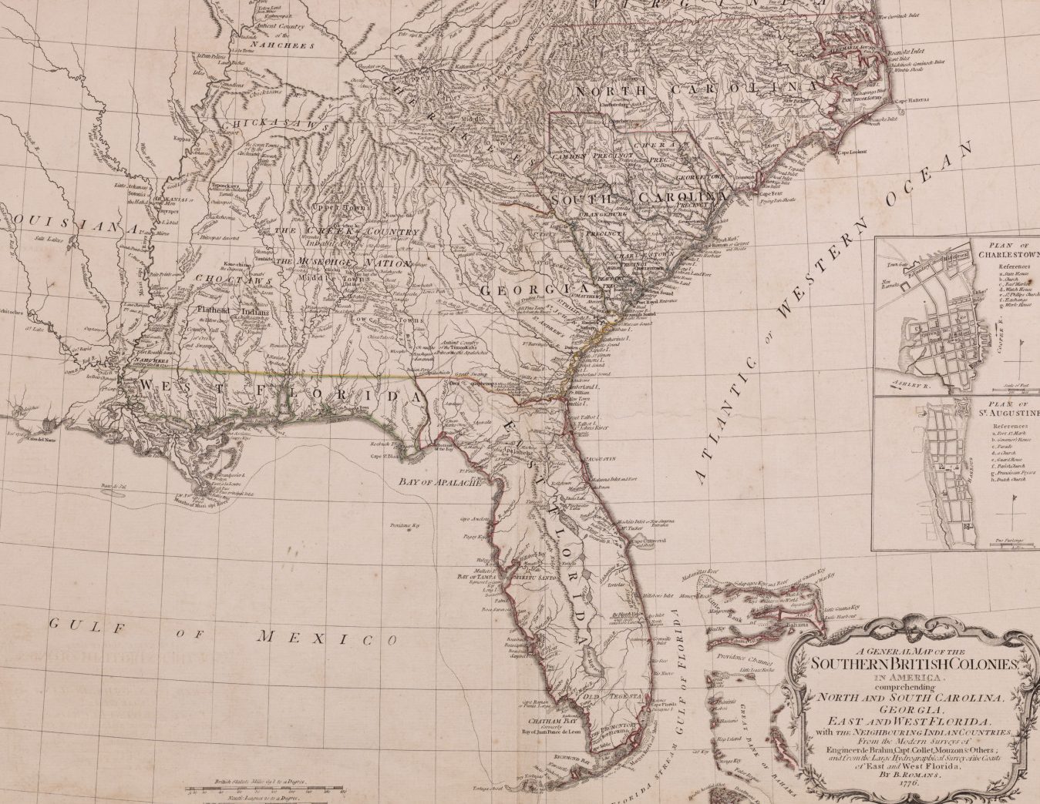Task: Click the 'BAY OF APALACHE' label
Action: click(x=438, y=483)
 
